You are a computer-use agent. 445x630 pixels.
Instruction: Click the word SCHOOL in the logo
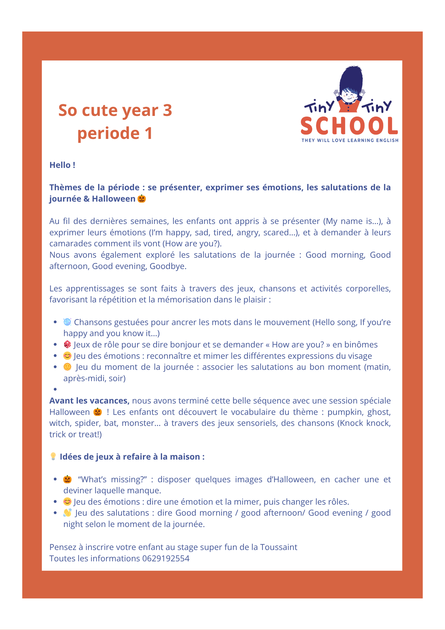349,126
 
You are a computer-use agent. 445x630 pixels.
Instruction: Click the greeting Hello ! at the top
62,165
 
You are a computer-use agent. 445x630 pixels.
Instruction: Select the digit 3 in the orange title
167,110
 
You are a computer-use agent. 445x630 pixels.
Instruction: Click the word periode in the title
108,133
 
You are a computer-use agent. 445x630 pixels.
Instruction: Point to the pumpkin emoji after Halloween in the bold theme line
142,199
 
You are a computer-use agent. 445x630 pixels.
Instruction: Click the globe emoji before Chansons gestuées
67,322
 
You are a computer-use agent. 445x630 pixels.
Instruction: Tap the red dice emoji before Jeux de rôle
67,345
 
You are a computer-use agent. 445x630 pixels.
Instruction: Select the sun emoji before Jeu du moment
67,367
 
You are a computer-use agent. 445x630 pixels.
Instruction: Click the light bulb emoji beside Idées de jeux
53,456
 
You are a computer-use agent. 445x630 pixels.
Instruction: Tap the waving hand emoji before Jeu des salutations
67,513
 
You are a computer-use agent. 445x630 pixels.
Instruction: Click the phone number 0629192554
166,558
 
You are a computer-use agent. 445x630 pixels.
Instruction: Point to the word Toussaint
279,547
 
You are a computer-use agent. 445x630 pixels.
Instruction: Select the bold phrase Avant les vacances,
89,401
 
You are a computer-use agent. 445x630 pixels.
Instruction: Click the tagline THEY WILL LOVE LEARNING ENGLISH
350,140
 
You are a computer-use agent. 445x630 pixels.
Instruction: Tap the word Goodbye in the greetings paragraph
168,266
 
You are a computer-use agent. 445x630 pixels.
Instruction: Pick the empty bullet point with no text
55,389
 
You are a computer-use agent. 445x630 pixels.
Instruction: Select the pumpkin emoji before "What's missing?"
67,479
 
